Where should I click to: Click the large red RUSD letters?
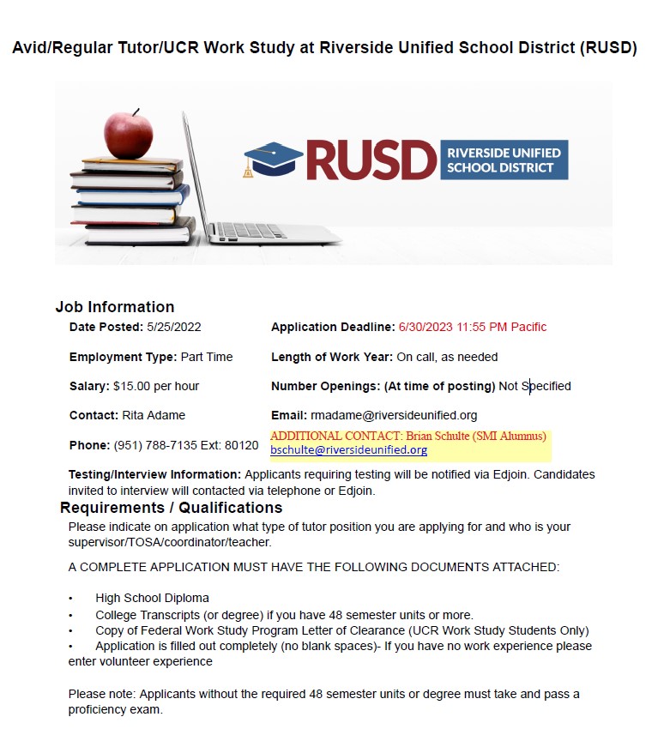pos(371,160)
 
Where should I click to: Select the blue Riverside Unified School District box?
pos(504,160)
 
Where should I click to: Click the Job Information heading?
pos(115,307)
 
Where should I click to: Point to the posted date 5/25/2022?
pos(174,327)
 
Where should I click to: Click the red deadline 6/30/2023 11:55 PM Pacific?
pos(473,327)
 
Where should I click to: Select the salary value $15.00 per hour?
pos(156,386)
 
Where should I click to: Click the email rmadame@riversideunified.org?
pos(394,415)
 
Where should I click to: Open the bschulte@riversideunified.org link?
pos(348,449)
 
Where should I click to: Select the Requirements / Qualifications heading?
pos(171,508)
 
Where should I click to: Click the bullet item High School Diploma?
pos(152,598)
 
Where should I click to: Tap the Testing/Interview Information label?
pos(154,474)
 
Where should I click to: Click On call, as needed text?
pos(447,357)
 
